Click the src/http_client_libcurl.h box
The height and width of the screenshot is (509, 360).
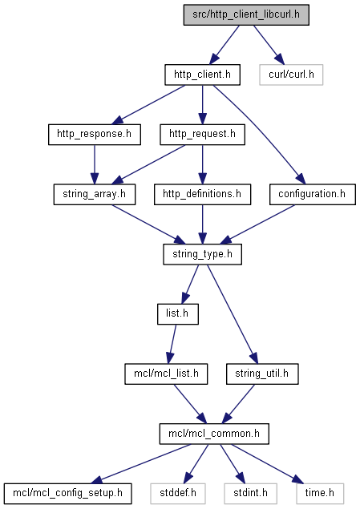[x=246, y=15]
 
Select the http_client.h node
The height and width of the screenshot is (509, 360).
[x=202, y=75]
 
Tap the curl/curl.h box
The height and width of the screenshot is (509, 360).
[x=291, y=75]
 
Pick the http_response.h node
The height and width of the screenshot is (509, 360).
[x=95, y=135]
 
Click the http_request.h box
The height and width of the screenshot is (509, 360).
[x=202, y=135]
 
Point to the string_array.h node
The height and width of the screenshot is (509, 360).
[x=95, y=195]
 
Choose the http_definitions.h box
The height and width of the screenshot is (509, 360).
[x=202, y=195]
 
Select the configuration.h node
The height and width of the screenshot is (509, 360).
[x=312, y=195]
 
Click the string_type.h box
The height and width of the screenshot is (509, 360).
[x=202, y=254]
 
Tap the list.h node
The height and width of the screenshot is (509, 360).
[x=177, y=314]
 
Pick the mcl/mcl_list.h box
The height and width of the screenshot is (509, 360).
[x=166, y=374]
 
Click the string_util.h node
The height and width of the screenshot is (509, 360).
[x=262, y=374]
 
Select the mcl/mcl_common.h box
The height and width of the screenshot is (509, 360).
[x=214, y=434]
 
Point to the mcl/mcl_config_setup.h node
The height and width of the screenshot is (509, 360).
[x=67, y=494]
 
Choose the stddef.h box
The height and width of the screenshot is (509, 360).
[x=178, y=494]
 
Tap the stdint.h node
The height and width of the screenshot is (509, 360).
[x=250, y=494]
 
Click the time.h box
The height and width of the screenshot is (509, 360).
[x=320, y=494]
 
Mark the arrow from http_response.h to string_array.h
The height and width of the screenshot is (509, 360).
[x=95, y=164]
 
